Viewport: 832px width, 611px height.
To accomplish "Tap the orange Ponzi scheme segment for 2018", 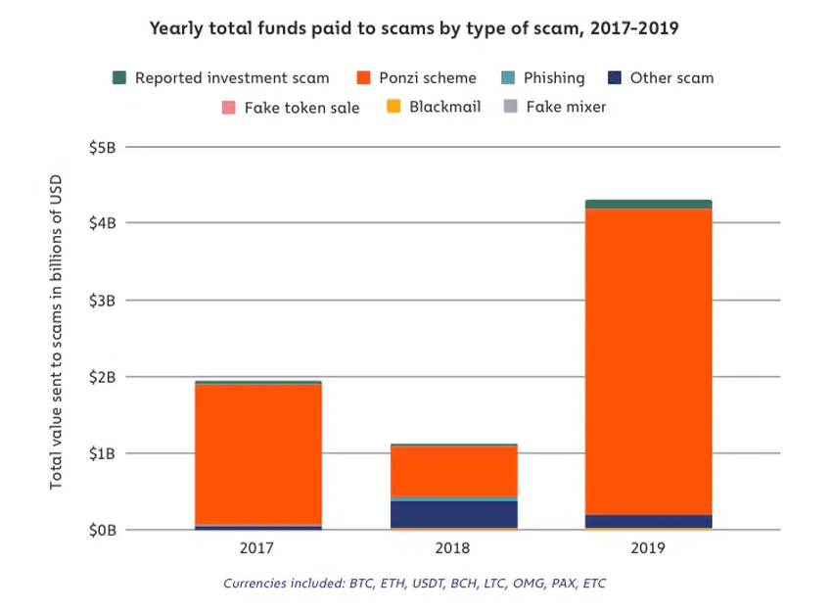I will [x=453, y=471].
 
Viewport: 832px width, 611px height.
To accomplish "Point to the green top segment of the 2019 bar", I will [x=648, y=204].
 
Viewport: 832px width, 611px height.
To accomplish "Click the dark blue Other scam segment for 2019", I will [x=648, y=521].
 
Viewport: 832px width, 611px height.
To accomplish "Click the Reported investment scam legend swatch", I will [x=119, y=77].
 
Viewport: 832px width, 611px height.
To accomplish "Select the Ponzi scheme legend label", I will [x=427, y=77].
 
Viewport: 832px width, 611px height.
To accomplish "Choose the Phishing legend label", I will [x=553, y=77].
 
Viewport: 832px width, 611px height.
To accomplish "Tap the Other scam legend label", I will [x=671, y=77].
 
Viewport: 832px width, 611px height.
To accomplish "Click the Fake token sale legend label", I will [x=301, y=107].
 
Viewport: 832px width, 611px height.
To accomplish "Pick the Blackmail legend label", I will [x=444, y=107].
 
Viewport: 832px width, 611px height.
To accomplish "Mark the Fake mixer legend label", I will [x=566, y=107].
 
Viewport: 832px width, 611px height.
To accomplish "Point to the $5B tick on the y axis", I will [x=103, y=147].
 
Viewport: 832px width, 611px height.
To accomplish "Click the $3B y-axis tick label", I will [x=103, y=301].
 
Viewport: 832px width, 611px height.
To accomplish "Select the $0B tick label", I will [x=103, y=531].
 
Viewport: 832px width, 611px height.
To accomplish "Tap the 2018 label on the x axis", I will [x=453, y=549].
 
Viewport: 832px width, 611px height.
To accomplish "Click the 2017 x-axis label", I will [x=258, y=549].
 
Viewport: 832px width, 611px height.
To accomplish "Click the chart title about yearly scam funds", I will [x=414, y=27].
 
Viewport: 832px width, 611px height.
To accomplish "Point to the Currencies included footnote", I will [x=414, y=584].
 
